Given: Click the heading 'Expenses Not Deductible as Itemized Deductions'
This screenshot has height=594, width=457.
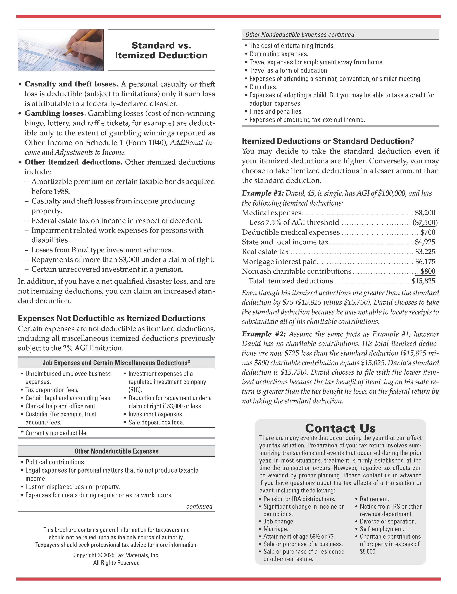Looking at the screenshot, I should click(x=112, y=318).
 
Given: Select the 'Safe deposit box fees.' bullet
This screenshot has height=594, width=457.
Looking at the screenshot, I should click(x=156, y=422).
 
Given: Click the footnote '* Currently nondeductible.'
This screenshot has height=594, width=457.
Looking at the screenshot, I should click(x=54, y=433).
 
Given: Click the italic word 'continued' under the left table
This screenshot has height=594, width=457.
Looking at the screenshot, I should click(x=199, y=506).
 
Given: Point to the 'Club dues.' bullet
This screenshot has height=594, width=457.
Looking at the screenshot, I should click(x=263, y=87).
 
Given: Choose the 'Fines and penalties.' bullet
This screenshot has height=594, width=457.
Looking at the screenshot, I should click(x=276, y=112).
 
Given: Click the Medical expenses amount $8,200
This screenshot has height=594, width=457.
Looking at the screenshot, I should click(x=425, y=213).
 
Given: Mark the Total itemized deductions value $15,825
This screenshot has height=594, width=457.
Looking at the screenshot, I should click(x=423, y=281).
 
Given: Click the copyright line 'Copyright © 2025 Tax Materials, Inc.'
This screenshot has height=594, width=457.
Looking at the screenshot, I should click(x=116, y=555).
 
